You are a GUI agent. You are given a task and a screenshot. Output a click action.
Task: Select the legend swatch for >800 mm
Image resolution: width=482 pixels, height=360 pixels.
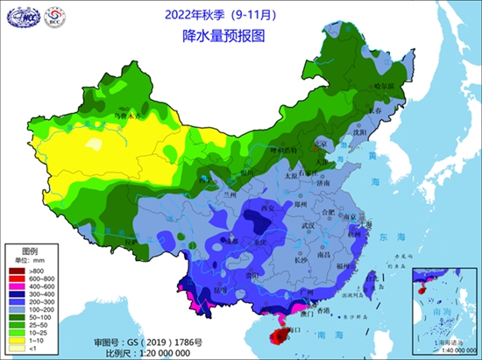16,268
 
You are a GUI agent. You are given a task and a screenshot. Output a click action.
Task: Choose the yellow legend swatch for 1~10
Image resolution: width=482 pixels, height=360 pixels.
16,340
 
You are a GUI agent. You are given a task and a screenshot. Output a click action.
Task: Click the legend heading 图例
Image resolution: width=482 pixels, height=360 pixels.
29,251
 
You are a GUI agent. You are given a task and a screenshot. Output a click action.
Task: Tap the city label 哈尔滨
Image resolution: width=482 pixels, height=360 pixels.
386,86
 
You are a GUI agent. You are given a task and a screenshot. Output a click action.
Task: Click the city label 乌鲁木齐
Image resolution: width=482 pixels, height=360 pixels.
124,114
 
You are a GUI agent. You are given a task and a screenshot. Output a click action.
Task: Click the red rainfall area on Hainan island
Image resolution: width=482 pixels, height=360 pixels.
282,333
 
